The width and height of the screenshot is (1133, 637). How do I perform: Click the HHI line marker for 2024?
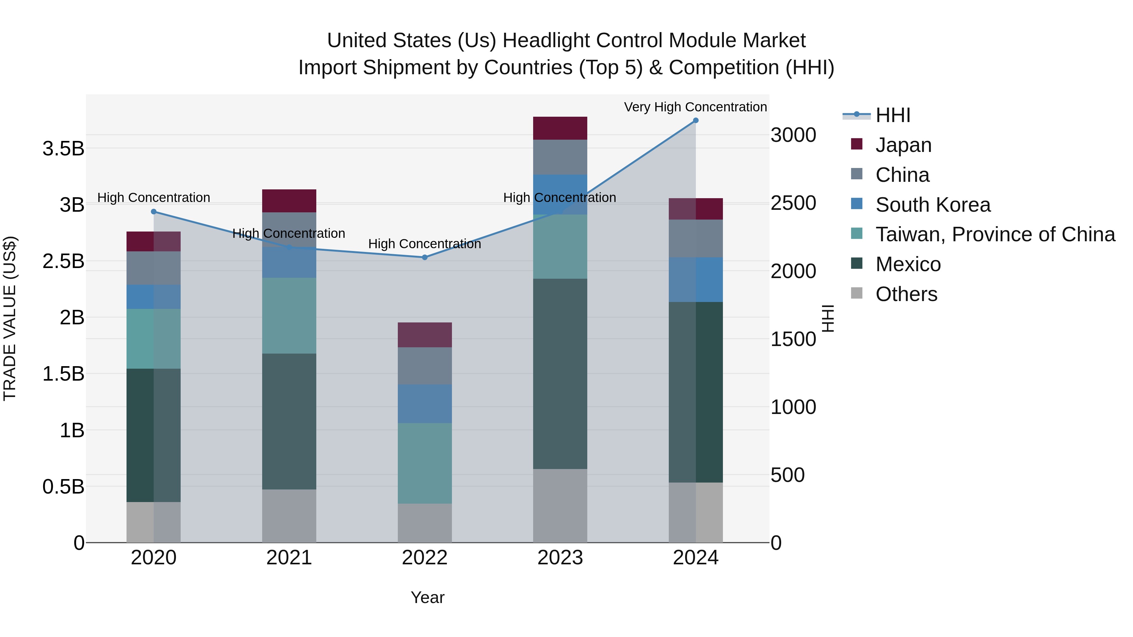click(x=695, y=120)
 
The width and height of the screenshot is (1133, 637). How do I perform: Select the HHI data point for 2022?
click(x=425, y=257)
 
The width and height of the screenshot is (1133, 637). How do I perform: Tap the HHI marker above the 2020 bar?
click(x=154, y=211)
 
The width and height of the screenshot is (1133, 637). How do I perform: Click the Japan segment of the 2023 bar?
click(x=560, y=128)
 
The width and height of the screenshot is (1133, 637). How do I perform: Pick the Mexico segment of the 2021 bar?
click(x=289, y=421)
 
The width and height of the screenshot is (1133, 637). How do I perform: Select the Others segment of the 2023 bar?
click(x=560, y=506)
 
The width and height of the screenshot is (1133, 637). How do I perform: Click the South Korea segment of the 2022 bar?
click(x=425, y=404)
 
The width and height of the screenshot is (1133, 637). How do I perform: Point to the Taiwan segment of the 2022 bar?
click(x=425, y=463)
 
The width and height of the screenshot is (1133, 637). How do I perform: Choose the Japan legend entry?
click(x=903, y=145)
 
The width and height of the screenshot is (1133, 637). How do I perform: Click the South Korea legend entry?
click(x=933, y=204)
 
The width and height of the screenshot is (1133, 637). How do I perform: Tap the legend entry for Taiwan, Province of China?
click(x=995, y=234)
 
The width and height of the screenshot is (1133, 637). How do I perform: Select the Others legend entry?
click(x=906, y=294)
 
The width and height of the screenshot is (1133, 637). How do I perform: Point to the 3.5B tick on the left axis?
click(x=63, y=148)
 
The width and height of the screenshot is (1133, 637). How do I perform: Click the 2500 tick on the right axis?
click(x=793, y=203)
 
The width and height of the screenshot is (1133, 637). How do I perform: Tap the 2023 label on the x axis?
click(x=560, y=558)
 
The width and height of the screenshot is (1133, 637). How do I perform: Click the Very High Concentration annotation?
click(x=695, y=107)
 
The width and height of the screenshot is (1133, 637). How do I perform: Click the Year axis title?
click(x=427, y=597)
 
